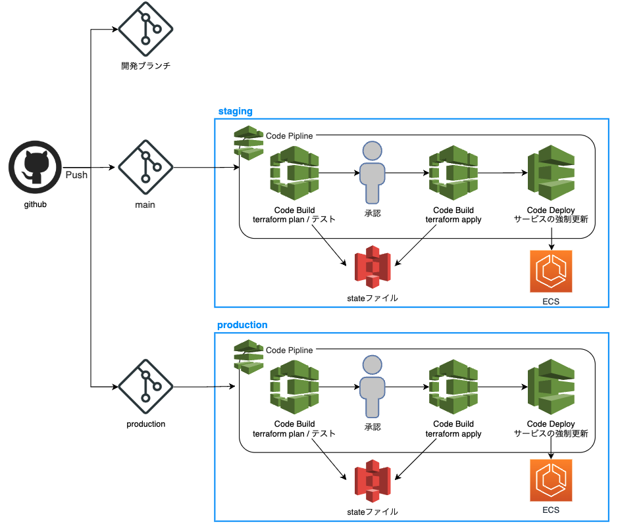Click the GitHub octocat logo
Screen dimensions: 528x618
click(x=35, y=167)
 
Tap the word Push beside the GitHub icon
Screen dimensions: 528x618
click(x=76, y=175)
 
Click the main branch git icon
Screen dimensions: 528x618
click(x=145, y=168)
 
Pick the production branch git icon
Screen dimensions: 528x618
click(x=145, y=387)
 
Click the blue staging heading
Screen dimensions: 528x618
click(x=235, y=112)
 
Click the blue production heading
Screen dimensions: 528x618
click(x=242, y=325)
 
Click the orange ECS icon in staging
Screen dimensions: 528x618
click(x=552, y=271)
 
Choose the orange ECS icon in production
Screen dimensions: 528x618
click(x=552, y=481)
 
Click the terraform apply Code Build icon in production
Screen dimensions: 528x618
click(x=453, y=387)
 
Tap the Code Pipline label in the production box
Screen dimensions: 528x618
click(x=290, y=350)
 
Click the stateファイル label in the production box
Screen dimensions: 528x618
click(x=373, y=511)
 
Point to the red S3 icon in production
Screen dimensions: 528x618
click(x=373, y=481)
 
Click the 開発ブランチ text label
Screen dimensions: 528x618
click(x=145, y=66)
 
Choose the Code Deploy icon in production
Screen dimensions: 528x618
click(x=552, y=387)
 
